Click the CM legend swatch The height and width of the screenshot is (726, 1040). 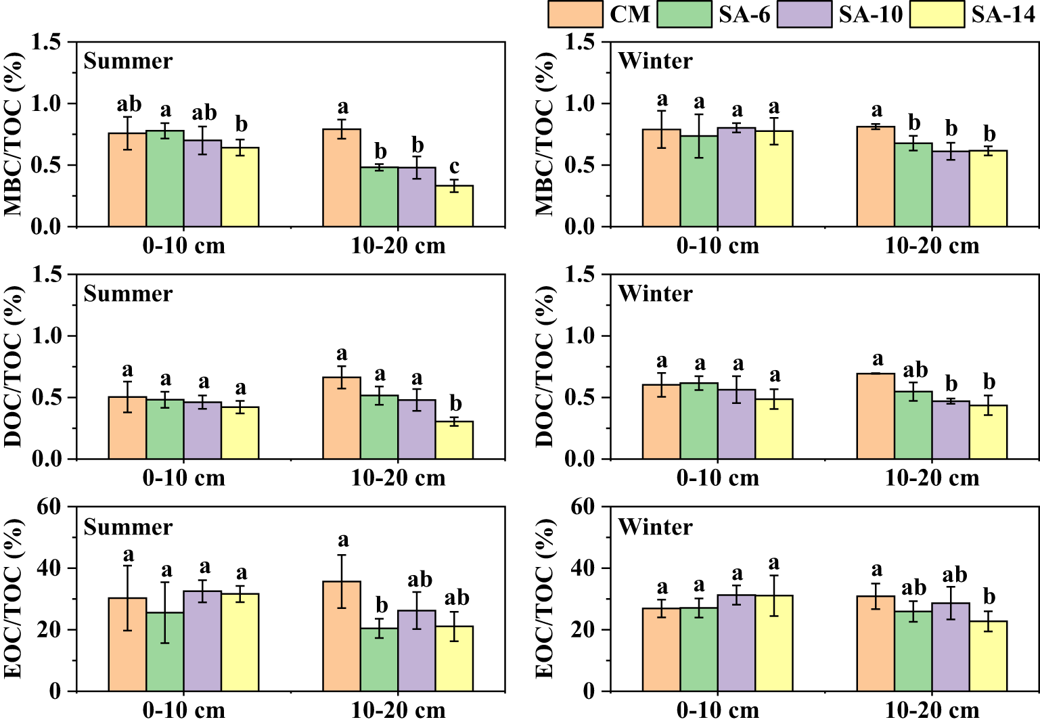(x=574, y=14)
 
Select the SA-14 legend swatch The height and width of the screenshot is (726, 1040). (x=936, y=14)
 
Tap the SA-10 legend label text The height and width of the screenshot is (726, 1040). (x=870, y=14)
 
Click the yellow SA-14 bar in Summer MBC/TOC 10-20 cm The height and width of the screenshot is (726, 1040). (x=454, y=206)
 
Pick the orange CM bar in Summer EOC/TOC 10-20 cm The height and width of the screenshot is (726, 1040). (x=342, y=636)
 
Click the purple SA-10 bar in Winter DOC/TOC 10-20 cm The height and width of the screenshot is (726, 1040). (x=951, y=430)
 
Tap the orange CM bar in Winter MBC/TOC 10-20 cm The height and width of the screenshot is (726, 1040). (x=876, y=177)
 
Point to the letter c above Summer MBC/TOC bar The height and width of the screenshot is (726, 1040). (x=454, y=166)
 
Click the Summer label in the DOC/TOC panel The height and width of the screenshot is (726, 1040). (x=128, y=294)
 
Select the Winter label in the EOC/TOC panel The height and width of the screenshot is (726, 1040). (x=655, y=527)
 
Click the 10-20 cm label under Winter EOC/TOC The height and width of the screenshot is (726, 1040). (x=932, y=710)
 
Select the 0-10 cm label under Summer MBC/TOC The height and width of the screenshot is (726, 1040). (x=183, y=246)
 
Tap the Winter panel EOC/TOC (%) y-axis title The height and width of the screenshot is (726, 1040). (x=545, y=598)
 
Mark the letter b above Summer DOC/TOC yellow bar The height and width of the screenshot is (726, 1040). (x=455, y=404)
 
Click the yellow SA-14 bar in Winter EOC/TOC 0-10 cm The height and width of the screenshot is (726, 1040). (x=774, y=643)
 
